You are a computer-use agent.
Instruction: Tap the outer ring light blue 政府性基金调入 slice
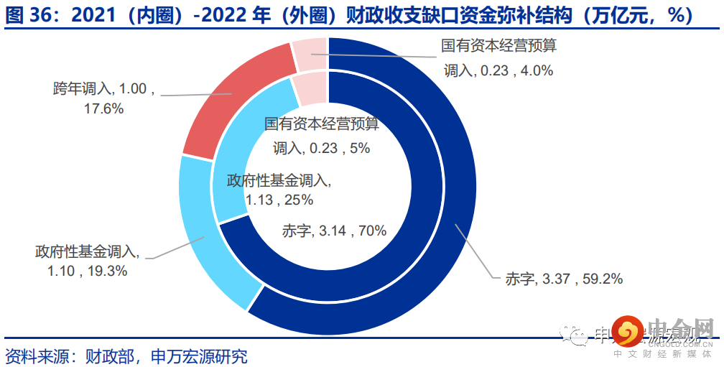pos(208,237)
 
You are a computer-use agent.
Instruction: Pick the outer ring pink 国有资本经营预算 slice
pos(310,55)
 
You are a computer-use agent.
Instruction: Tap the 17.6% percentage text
pos(105,108)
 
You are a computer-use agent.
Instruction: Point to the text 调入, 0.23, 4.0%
pos(498,70)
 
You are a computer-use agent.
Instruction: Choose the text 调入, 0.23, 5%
pos(321,148)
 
